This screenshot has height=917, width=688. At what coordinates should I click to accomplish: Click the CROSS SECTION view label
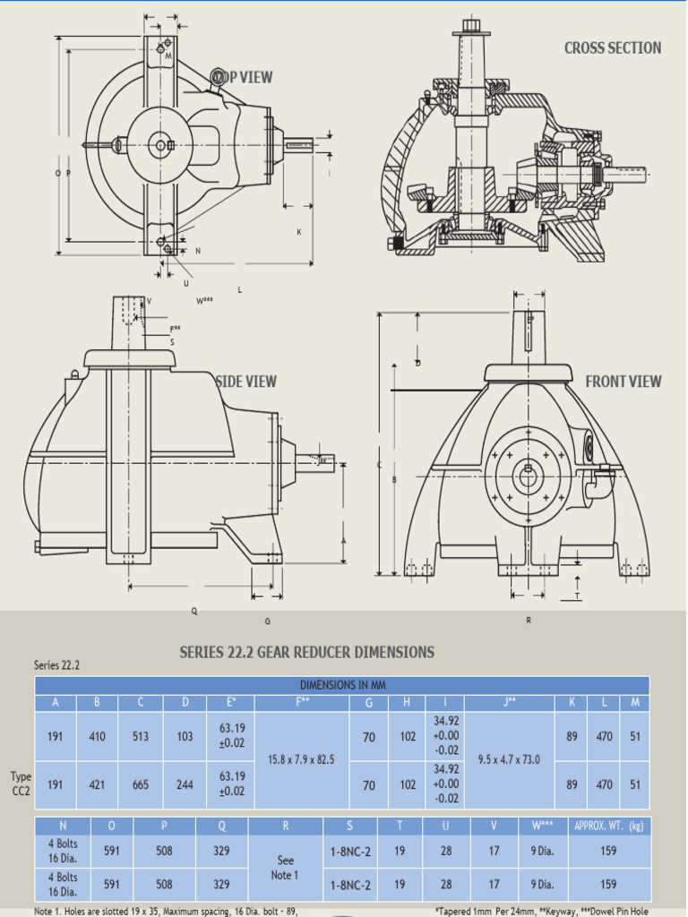(x=613, y=48)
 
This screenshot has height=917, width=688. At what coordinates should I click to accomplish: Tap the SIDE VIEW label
(x=246, y=381)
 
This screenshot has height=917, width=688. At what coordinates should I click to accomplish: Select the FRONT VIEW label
(x=623, y=381)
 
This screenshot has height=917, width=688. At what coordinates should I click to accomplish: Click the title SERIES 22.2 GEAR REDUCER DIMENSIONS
(x=307, y=652)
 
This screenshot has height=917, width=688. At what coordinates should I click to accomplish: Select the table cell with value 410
(x=98, y=736)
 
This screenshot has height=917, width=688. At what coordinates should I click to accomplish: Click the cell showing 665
(x=141, y=784)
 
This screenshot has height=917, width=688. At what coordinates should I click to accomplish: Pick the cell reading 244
(x=185, y=784)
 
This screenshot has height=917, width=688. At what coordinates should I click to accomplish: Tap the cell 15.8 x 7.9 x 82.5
(x=301, y=760)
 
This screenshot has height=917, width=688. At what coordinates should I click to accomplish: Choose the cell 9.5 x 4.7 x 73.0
(x=510, y=760)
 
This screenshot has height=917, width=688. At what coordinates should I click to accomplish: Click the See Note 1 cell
(x=286, y=868)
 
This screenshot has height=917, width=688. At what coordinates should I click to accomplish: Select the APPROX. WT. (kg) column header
(x=609, y=826)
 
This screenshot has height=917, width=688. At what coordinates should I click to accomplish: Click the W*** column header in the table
(x=541, y=826)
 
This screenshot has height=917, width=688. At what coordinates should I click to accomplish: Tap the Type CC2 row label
(x=21, y=784)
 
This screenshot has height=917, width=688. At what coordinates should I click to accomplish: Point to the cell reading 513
(x=141, y=736)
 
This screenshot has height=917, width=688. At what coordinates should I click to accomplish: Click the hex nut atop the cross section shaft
(x=471, y=24)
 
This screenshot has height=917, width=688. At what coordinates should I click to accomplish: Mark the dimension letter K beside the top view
(x=299, y=232)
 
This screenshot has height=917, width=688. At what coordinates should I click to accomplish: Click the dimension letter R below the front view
(x=529, y=621)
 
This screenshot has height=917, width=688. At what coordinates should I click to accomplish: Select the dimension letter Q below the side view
(x=194, y=612)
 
